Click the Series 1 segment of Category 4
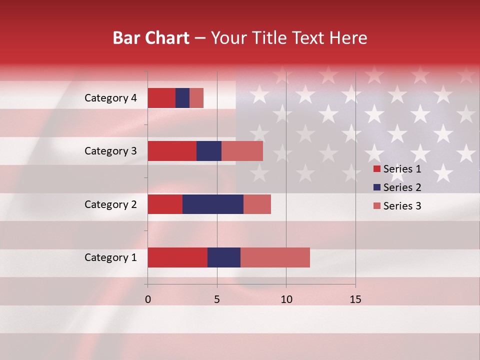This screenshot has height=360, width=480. click(x=161, y=98)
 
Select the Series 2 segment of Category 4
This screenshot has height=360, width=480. click(x=182, y=98)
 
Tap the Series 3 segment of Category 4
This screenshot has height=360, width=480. click(x=196, y=98)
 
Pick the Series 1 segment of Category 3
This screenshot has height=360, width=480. click(x=172, y=151)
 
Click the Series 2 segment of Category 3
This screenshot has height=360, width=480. click(x=209, y=151)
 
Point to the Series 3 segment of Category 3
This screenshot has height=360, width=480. click(x=242, y=151)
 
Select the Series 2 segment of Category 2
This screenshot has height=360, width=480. click(x=213, y=204)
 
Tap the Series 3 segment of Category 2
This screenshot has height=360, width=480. click(x=257, y=204)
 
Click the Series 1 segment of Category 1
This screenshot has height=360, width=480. click(x=177, y=257)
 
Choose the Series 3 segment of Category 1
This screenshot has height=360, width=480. click(x=275, y=257)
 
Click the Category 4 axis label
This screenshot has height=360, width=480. click(x=110, y=98)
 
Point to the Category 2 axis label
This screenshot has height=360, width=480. click(x=110, y=204)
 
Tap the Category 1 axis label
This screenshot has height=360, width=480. click(x=110, y=258)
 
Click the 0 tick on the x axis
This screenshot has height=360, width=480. click(x=148, y=299)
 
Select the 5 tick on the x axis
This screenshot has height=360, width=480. click(x=217, y=299)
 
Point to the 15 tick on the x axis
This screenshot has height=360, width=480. click(x=355, y=299)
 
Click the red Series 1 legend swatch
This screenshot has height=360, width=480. click(x=376, y=169)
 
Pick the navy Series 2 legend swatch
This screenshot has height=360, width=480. click(x=376, y=187)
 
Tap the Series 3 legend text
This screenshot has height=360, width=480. click(x=402, y=206)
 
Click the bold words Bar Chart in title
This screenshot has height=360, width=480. click(x=151, y=38)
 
